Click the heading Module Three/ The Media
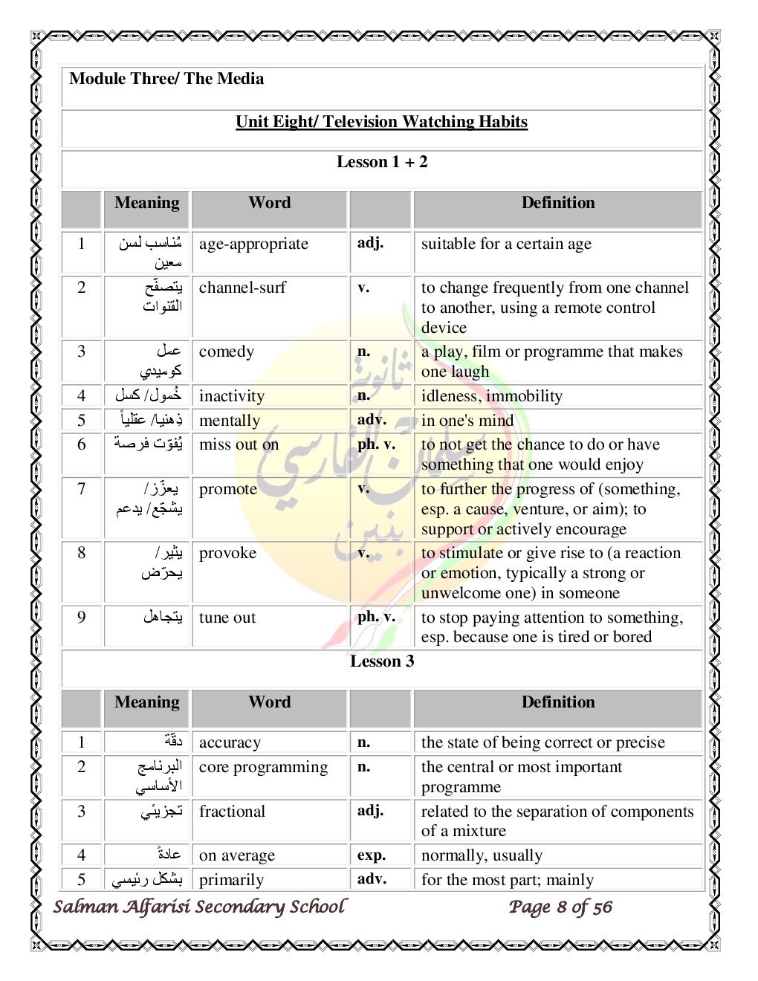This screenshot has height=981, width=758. (166, 79)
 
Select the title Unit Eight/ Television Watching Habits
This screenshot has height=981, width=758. (381, 122)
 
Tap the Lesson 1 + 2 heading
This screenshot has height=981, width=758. (382, 162)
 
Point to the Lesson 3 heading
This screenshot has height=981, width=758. (382, 661)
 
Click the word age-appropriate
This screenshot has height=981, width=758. (253, 244)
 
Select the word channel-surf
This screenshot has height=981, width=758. (242, 288)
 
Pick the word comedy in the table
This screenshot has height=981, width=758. (227, 352)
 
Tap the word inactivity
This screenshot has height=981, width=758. (232, 396)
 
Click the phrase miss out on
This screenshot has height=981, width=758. (239, 444)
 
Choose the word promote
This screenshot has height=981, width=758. (228, 489)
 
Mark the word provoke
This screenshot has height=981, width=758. (227, 553)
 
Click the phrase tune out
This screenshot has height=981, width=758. (227, 618)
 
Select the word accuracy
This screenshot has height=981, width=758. (230, 742)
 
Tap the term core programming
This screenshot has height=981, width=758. (263, 767)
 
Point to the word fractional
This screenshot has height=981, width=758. (232, 812)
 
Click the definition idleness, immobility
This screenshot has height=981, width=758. (492, 396)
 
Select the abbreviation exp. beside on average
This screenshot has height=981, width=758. (372, 855)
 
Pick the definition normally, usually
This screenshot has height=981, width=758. (482, 855)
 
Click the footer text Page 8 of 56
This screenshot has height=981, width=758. (560, 907)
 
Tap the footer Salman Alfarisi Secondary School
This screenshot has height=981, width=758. (199, 907)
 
